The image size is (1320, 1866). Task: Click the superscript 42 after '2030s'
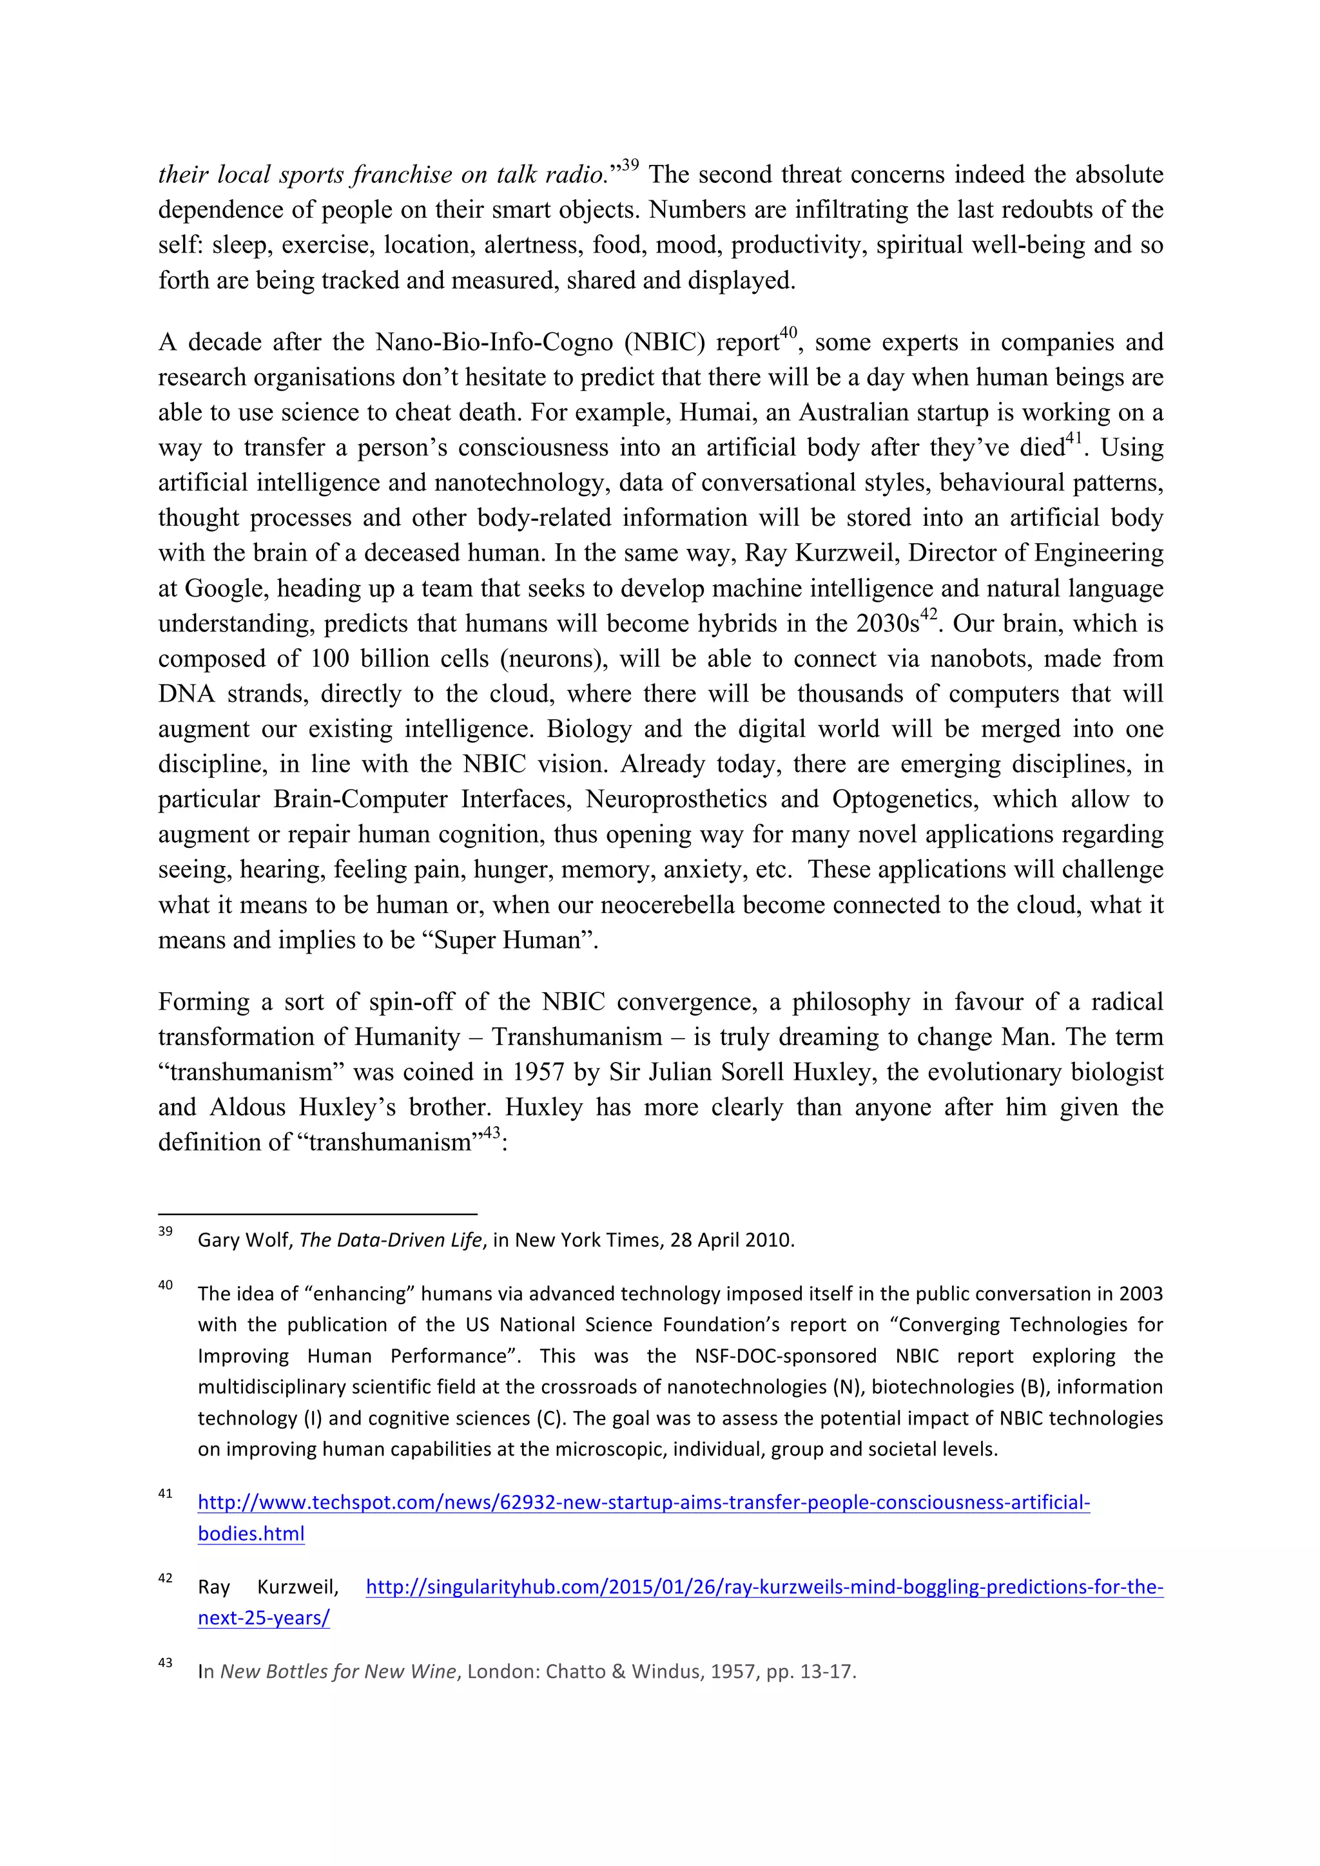coord(928,615)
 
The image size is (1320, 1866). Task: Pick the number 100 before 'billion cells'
coord(329,659)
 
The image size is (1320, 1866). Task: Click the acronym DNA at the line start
coord(186,694)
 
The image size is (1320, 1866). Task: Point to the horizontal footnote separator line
coord(317,1214)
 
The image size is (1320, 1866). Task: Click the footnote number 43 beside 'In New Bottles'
coord(165,1663)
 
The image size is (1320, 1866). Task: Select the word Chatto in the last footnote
coord(574,1672)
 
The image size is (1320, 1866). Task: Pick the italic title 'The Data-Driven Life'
coord(391,1240)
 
